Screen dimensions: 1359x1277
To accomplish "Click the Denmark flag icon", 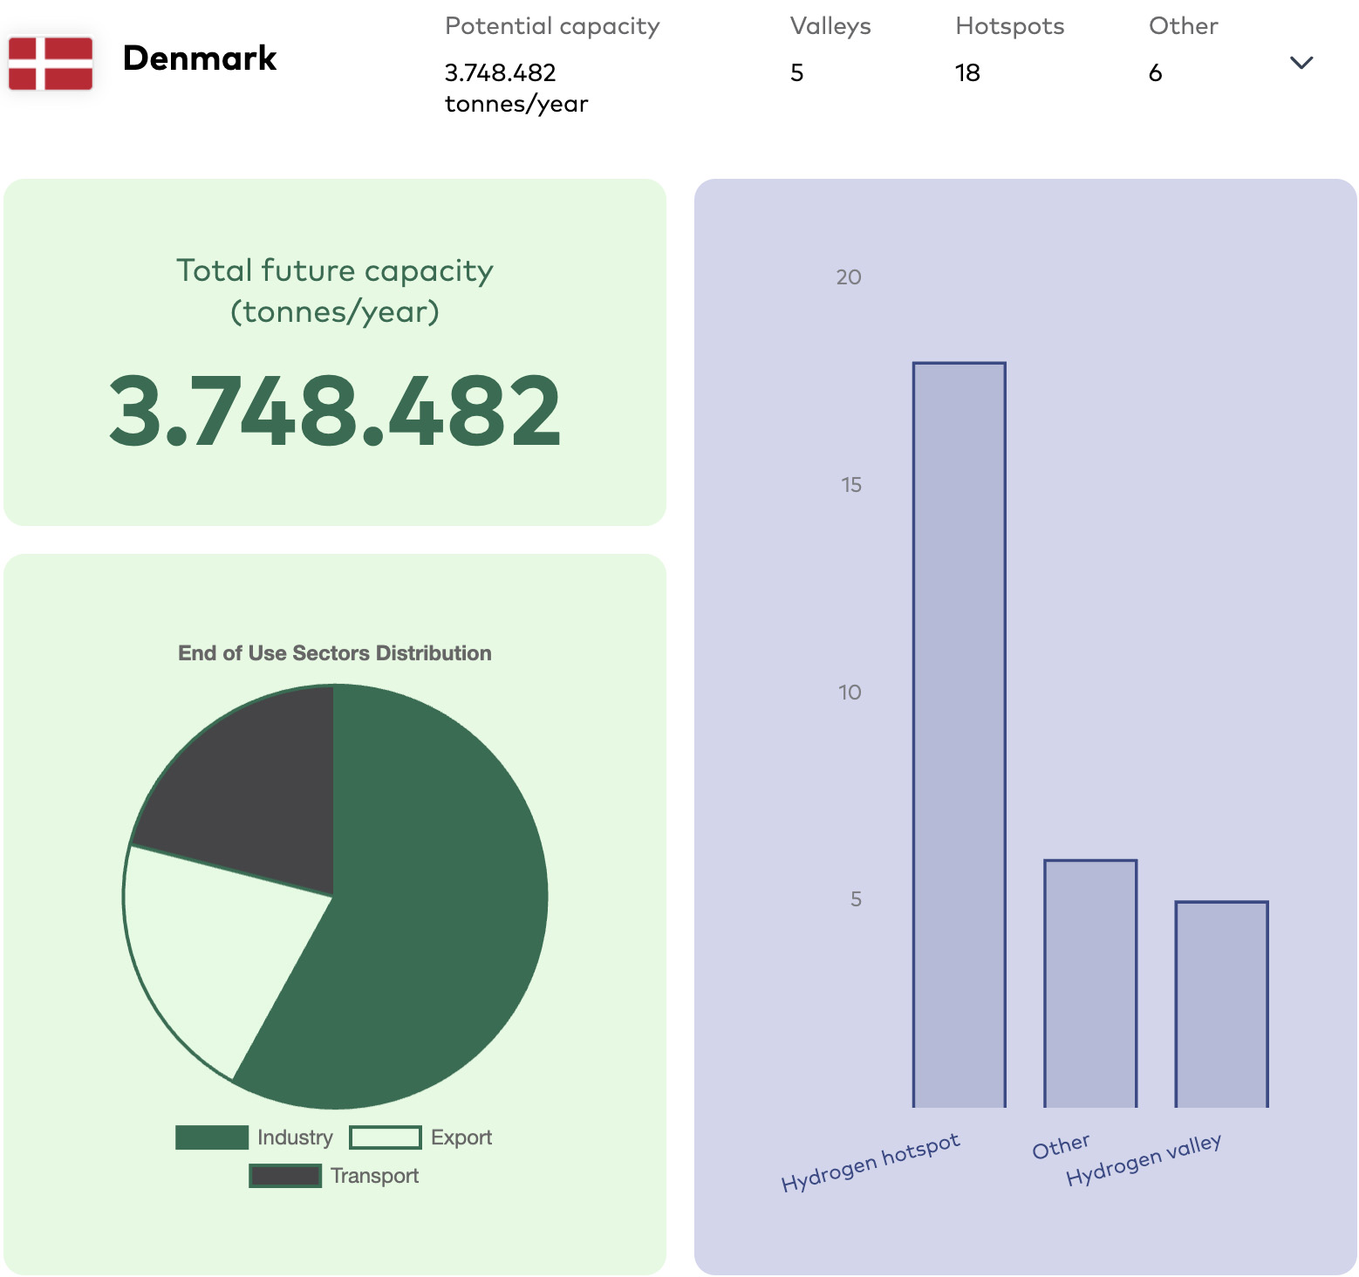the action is (51, 63).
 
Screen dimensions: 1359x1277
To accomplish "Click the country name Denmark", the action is (200, 58).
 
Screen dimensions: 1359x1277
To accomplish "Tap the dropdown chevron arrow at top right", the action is (1301, 62).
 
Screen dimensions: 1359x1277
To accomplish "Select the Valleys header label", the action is (830, 26).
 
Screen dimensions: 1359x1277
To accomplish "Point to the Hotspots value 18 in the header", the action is (967, 72).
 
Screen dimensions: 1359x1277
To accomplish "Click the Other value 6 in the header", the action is (1156, 72).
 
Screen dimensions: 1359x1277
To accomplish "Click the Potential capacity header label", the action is (552, 26).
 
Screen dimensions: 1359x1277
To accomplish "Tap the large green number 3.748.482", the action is (335, 410).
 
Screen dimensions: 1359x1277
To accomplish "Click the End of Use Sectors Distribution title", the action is (335, 652).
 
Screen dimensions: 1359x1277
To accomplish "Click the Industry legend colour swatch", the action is (212, 1137).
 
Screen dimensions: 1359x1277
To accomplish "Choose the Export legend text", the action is (461, 1137).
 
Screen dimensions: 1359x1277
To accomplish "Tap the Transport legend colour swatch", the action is (285, 1176).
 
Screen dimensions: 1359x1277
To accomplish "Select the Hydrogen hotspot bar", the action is (959, 734).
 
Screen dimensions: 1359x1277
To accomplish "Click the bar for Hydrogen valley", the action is (1222, 1004).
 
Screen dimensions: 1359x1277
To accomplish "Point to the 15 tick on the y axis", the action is (851, 485).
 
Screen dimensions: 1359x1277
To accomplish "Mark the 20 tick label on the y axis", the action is (849, 277).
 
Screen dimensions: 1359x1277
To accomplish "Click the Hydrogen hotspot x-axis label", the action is (871, 1162).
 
